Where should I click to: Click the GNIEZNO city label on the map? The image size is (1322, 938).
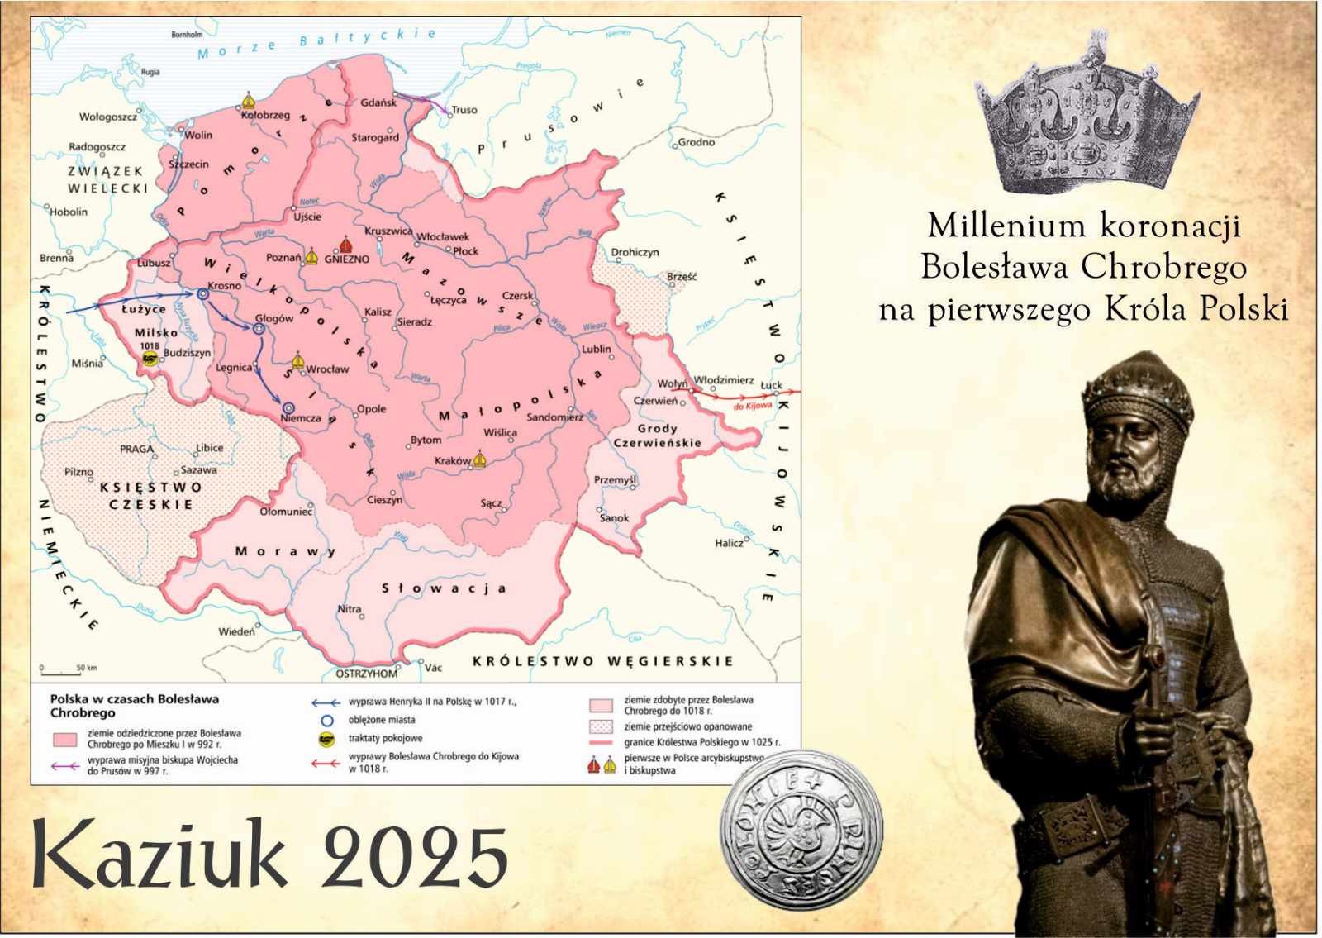[x=347, y=259]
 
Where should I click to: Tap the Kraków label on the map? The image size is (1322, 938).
[x=452, y=460]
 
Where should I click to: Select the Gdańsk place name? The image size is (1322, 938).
[x=378, y=102]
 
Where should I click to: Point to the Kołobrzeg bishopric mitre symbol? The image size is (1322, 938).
[x=248, y=101]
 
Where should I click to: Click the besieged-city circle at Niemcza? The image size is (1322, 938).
[x=288, y=407]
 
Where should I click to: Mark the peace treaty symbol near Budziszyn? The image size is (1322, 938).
[x=150, y=358]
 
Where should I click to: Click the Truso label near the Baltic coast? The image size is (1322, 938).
[x=464, y=109]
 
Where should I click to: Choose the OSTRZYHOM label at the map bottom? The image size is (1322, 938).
[x=366, y=674]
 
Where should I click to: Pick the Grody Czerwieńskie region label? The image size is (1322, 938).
[x=658, y=436]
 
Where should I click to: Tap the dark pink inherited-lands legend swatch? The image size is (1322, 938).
[x=65, y=738]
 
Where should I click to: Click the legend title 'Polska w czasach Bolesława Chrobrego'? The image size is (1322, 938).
[x=135, y=705]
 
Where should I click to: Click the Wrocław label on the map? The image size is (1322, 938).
[x=327, y=369]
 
